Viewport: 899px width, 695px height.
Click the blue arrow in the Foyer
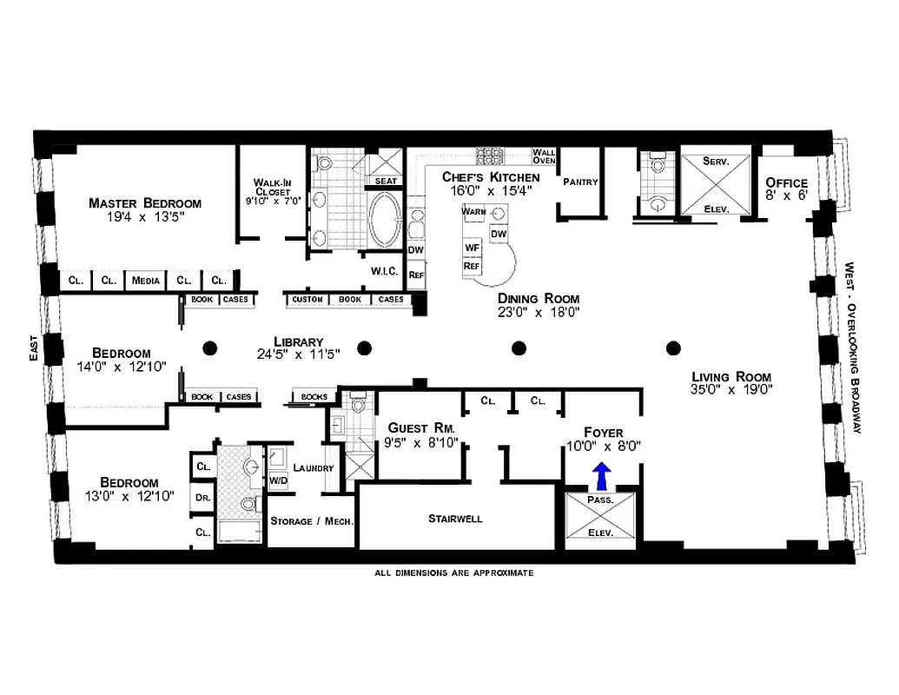(601, 476)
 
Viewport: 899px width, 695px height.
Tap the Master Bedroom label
(145, 203)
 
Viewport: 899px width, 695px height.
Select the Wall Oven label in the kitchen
(544, 156)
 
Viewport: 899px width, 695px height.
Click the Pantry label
(580, 182)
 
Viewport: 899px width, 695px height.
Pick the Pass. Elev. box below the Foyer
(600, 517)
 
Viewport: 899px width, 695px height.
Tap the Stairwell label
(455, 519)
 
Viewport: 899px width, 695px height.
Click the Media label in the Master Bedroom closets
(146, 280)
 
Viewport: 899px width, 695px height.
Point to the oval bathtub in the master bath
(385, 220)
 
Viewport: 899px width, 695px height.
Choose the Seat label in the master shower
(387, 181)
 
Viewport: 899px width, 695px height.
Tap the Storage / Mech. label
(311, 521)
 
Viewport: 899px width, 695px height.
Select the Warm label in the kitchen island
(474, 212)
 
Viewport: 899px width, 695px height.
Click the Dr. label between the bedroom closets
(203, 499)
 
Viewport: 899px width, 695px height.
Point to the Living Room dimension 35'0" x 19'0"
(731, 390)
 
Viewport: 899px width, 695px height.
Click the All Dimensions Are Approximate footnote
(453, 573)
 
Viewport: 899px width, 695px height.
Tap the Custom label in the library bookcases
(307, 300)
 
